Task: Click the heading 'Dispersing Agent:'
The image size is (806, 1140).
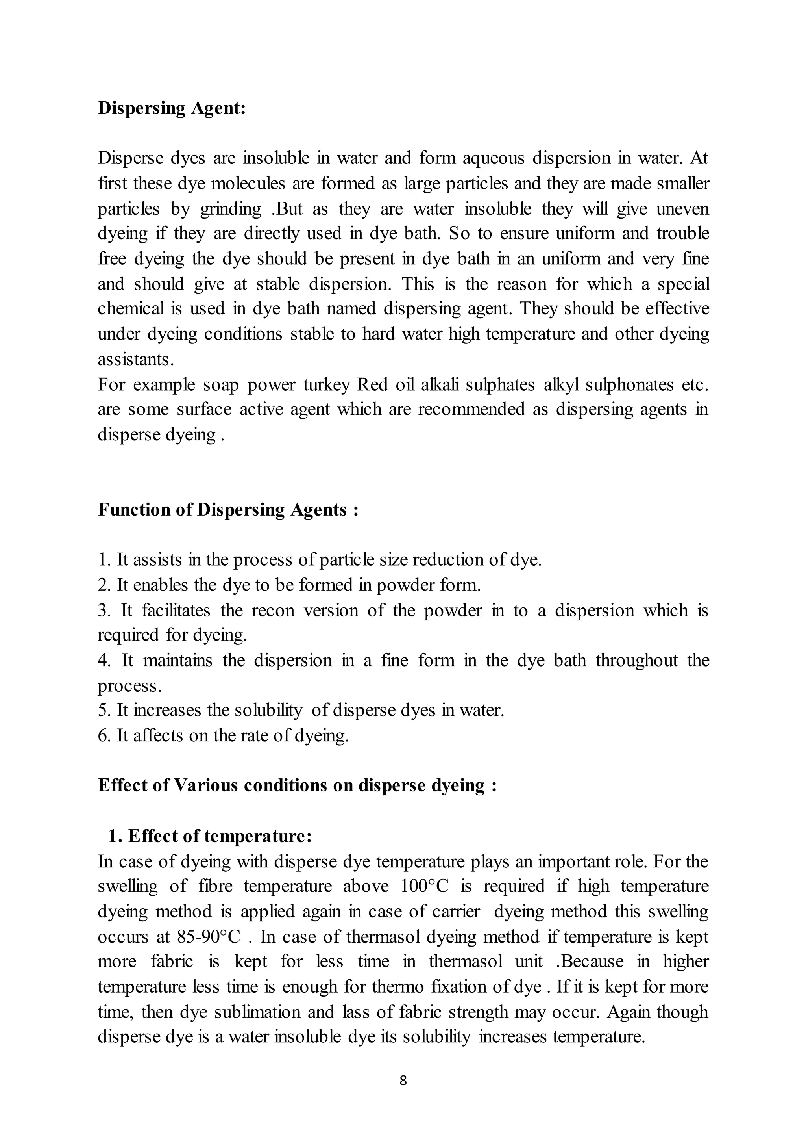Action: pos(172,108)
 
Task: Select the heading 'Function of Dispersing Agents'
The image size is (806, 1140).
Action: pos(228,510)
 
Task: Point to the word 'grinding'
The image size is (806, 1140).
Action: pos(230,209)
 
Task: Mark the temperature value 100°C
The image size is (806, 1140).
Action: pos(424,886)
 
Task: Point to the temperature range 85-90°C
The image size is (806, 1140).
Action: pos(209,937)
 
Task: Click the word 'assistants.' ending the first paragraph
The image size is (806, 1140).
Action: pos(135,359)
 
